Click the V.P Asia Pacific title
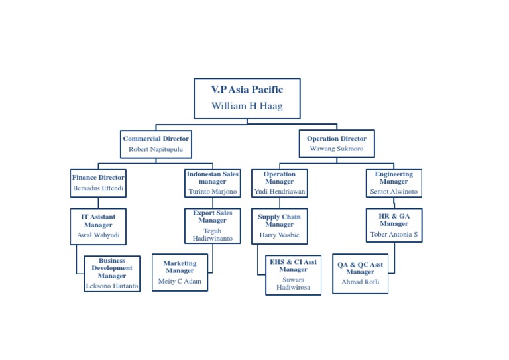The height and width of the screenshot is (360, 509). pos(247,90)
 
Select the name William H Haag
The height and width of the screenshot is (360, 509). pos(247,106)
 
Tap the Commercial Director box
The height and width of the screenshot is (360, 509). pos(156,144)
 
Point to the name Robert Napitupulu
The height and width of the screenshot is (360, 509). pos(156,149)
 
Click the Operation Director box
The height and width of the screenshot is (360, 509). pos(336,144)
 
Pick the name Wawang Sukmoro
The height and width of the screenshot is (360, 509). pos(337,149)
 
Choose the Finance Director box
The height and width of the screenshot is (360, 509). pos(98,183)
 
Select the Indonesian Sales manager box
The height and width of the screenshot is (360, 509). pos(212,183)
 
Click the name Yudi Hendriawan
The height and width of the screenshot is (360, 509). pos(280,192)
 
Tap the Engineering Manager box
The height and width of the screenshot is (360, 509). pos(394,183)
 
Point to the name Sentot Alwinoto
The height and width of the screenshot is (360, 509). pos(394,192)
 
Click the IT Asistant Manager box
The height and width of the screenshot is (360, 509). pos(98,226)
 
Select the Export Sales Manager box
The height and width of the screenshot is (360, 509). pos(212,225)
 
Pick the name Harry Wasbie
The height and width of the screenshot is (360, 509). pos(279,235)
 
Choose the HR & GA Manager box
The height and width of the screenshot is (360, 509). pos(394,225)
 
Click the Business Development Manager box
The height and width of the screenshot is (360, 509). pos(112,273)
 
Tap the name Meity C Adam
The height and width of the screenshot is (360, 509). pos(180,281)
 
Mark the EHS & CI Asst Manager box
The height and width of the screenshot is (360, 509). pos(293,274)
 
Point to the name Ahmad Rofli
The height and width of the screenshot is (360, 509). pos(360,282)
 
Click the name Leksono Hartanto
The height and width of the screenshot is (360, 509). pos(112,286)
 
